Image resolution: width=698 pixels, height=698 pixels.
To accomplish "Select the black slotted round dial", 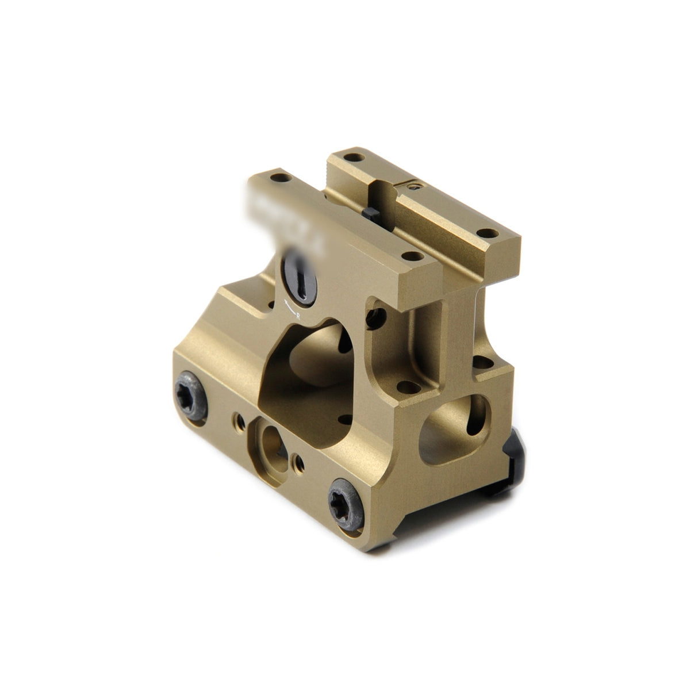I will point(300,278).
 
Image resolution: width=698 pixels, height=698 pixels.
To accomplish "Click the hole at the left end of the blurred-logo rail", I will point(279,178).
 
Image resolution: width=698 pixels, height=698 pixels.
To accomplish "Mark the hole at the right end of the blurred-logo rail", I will point(409,256).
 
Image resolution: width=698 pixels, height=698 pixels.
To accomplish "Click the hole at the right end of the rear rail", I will point(488,233).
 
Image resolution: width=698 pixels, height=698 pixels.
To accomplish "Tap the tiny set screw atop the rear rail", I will point(412,185).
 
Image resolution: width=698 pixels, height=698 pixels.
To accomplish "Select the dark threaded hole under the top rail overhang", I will point(377,314).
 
